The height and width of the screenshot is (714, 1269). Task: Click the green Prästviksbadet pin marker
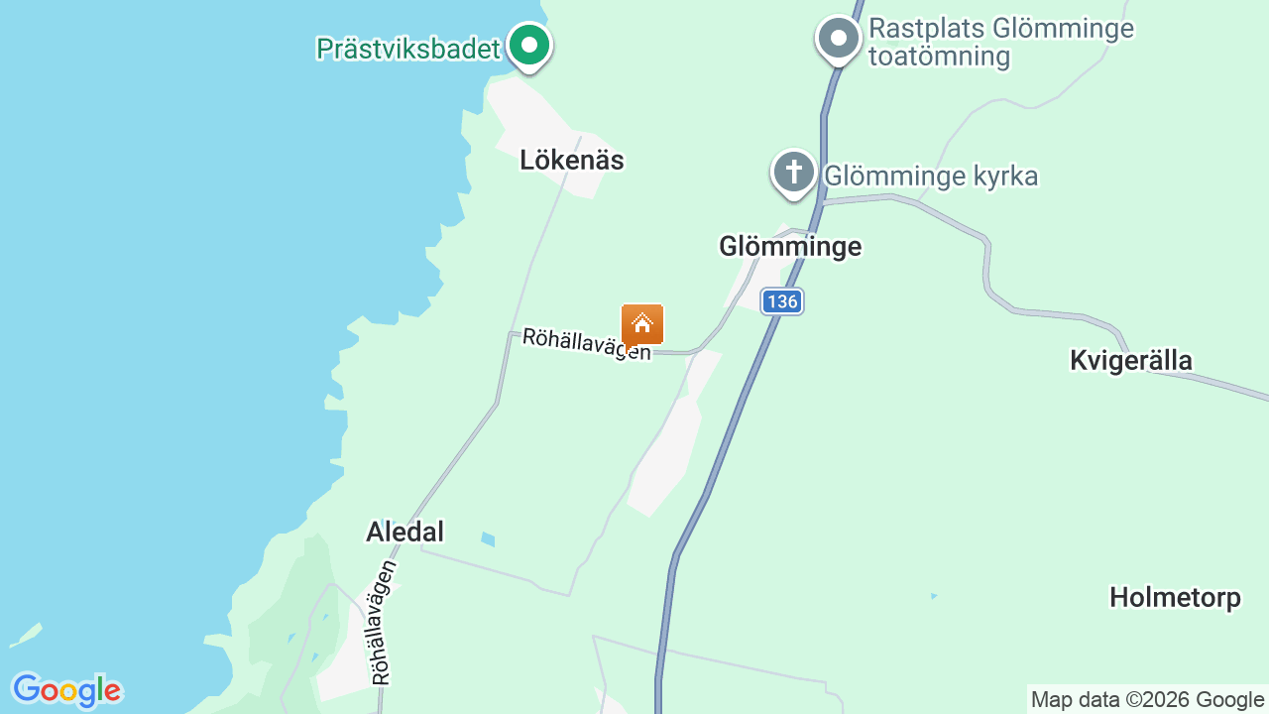point(529,45)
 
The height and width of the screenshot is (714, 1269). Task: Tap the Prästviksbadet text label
point(408,49)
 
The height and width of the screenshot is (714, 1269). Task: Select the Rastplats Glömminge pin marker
point(839,39)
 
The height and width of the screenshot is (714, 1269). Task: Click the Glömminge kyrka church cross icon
point(793,173)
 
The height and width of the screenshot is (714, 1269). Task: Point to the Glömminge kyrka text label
point(931,177)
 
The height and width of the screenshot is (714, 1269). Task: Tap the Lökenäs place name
point(572,161)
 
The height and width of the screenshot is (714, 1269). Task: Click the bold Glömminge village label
point(790,246)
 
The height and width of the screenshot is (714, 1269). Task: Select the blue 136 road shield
point(782,301)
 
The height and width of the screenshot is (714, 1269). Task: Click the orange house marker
point(642,324)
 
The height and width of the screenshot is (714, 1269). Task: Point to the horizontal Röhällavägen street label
point(587,344)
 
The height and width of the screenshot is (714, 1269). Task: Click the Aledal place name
point(404,533)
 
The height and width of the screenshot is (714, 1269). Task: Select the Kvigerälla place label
point(1130,360)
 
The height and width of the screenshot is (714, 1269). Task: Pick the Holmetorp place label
point(1175,598)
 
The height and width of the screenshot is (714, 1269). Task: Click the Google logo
point(66,690)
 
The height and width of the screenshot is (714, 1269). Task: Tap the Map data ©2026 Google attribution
point(1147,699)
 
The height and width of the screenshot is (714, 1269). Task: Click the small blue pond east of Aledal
point(487,539)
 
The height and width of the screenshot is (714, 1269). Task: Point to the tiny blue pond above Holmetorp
point(933,596)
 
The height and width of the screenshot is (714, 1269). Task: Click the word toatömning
point(939,57)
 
